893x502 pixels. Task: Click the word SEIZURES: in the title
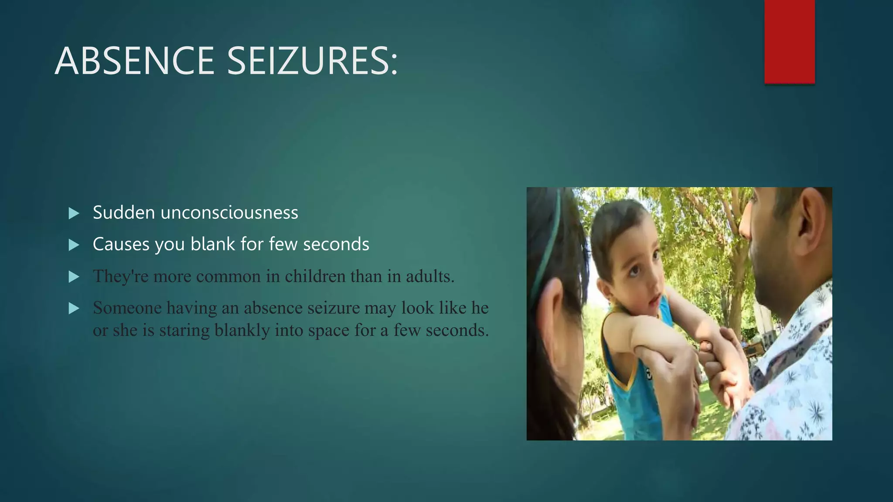pos(312,61)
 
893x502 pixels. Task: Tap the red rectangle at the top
pos(789,41)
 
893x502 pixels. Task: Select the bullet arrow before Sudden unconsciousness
pos(74,214)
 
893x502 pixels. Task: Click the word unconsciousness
pos(229,213)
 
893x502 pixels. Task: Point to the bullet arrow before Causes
pos(74,245)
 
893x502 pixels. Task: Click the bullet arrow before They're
pos(74,277)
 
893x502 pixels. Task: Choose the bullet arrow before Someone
pos(74,309)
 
